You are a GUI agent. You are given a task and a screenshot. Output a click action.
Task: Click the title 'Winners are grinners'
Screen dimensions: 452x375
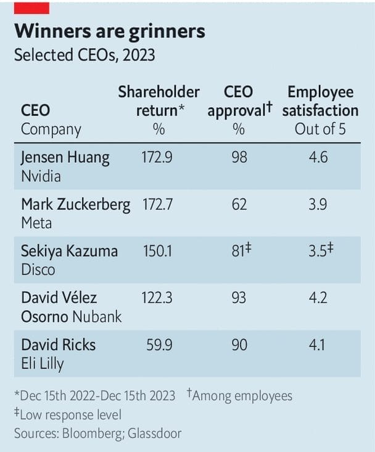click(109, 31)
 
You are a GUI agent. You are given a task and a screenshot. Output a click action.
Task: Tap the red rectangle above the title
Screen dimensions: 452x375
click(31, 7)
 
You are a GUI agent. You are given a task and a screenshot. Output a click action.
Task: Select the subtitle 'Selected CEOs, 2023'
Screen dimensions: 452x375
click(84, 55)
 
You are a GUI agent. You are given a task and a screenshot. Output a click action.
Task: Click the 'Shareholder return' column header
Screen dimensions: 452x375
click(159, 101)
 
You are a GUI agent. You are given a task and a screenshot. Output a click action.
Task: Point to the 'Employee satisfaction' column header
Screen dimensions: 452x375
click(320, 101)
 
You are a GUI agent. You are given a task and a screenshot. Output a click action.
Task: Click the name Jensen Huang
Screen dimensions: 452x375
click(65, 157)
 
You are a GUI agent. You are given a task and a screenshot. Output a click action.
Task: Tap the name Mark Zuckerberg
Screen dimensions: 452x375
click(76, 205)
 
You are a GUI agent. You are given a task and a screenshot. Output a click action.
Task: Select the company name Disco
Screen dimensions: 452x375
click(38, 269)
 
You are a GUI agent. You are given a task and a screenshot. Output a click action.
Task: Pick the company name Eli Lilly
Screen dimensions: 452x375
click(43, 364)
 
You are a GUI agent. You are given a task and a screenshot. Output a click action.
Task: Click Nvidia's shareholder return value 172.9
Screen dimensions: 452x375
click(157, 157)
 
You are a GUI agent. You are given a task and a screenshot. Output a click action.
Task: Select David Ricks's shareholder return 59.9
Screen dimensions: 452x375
click(160, 345)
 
